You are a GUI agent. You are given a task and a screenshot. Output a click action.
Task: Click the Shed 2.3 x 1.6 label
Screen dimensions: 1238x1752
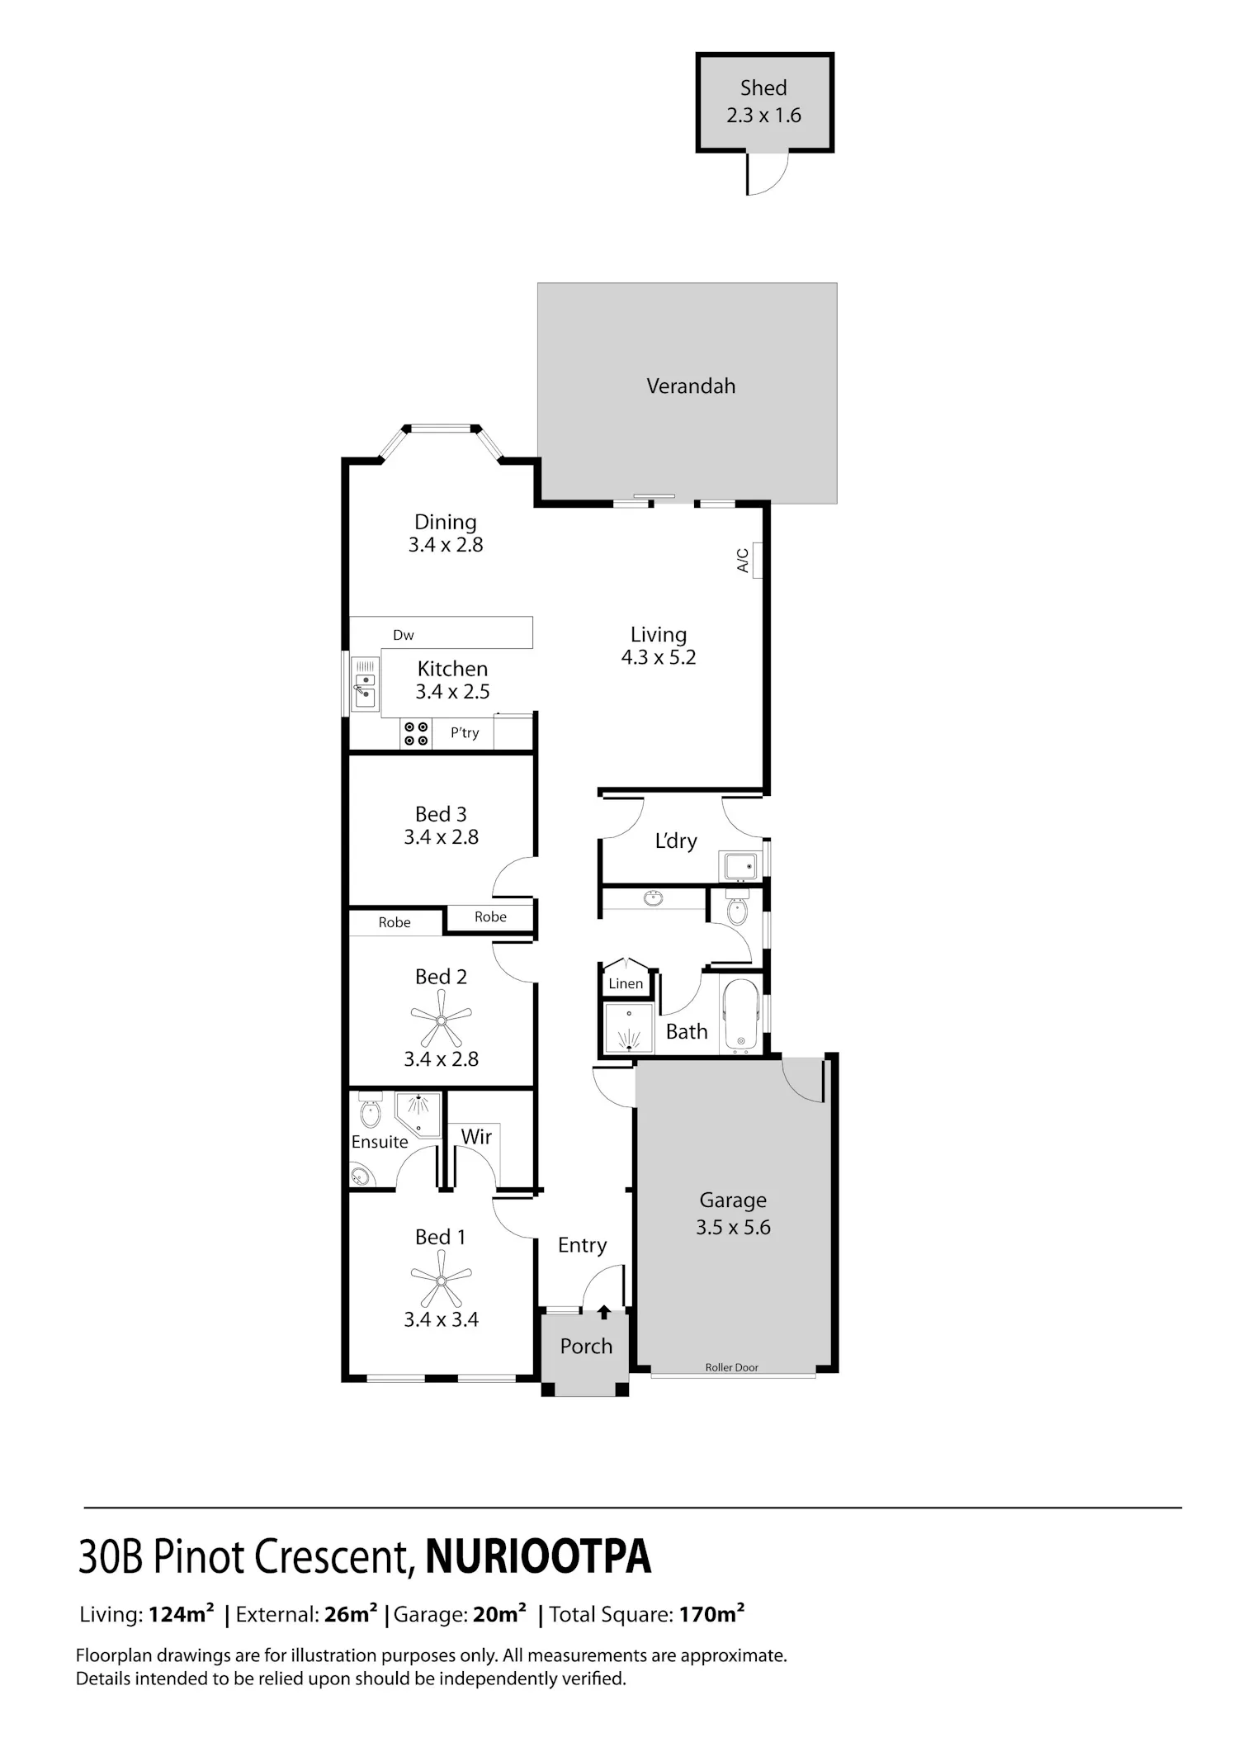click(x=763, y=102)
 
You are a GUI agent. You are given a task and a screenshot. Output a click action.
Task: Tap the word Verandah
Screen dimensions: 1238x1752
click(x=691, y=386)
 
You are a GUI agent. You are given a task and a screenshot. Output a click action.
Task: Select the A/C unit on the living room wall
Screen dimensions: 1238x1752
click(x=757, y=561)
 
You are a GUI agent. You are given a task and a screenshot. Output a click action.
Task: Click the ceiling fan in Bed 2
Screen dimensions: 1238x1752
click(x=441, y=1020)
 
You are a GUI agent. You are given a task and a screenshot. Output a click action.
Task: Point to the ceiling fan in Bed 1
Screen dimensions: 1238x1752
click(x=441, y=1281)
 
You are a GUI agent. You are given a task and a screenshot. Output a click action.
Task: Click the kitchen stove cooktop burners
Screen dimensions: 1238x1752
click(x=415, y=733)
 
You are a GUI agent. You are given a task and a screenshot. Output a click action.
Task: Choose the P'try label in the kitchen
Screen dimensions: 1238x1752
click(x=465, y=732)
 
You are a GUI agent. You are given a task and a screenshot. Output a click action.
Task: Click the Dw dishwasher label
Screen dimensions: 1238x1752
click(x=404, y=635)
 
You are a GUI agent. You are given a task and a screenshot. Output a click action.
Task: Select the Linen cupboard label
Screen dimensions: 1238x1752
click(x=626, y=983)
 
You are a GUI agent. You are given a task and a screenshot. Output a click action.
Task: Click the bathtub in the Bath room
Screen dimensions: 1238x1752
click(x=740, y=1016)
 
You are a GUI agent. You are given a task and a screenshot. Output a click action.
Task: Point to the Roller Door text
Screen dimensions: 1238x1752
click(x=731, y=1367)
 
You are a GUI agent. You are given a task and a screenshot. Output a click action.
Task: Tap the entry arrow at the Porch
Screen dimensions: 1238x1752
click(x=604, y=1312)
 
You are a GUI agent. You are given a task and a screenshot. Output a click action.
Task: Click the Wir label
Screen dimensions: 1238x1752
click(x=476, y=1136)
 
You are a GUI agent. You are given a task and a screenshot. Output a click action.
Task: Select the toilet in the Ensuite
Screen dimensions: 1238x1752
click(x=371, y=1110)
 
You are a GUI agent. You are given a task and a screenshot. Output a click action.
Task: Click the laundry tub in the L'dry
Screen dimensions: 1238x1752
click(x=739, y=867)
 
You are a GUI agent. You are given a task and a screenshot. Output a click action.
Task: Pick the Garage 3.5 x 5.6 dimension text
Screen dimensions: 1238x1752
click(x=733, y=1213)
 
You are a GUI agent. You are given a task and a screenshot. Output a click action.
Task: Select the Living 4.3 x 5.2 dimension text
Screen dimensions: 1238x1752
click(x=659, y=646)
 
